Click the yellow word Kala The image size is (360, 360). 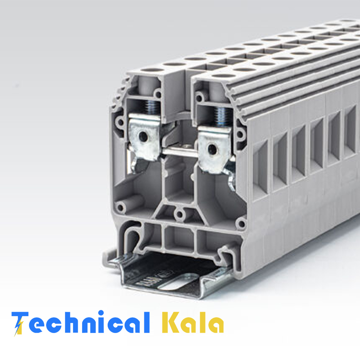tap(193, 322)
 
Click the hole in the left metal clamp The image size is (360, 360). tap(143, 136)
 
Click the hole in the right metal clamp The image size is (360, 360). tap(212, 149)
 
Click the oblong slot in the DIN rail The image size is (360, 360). tap(176, 283)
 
